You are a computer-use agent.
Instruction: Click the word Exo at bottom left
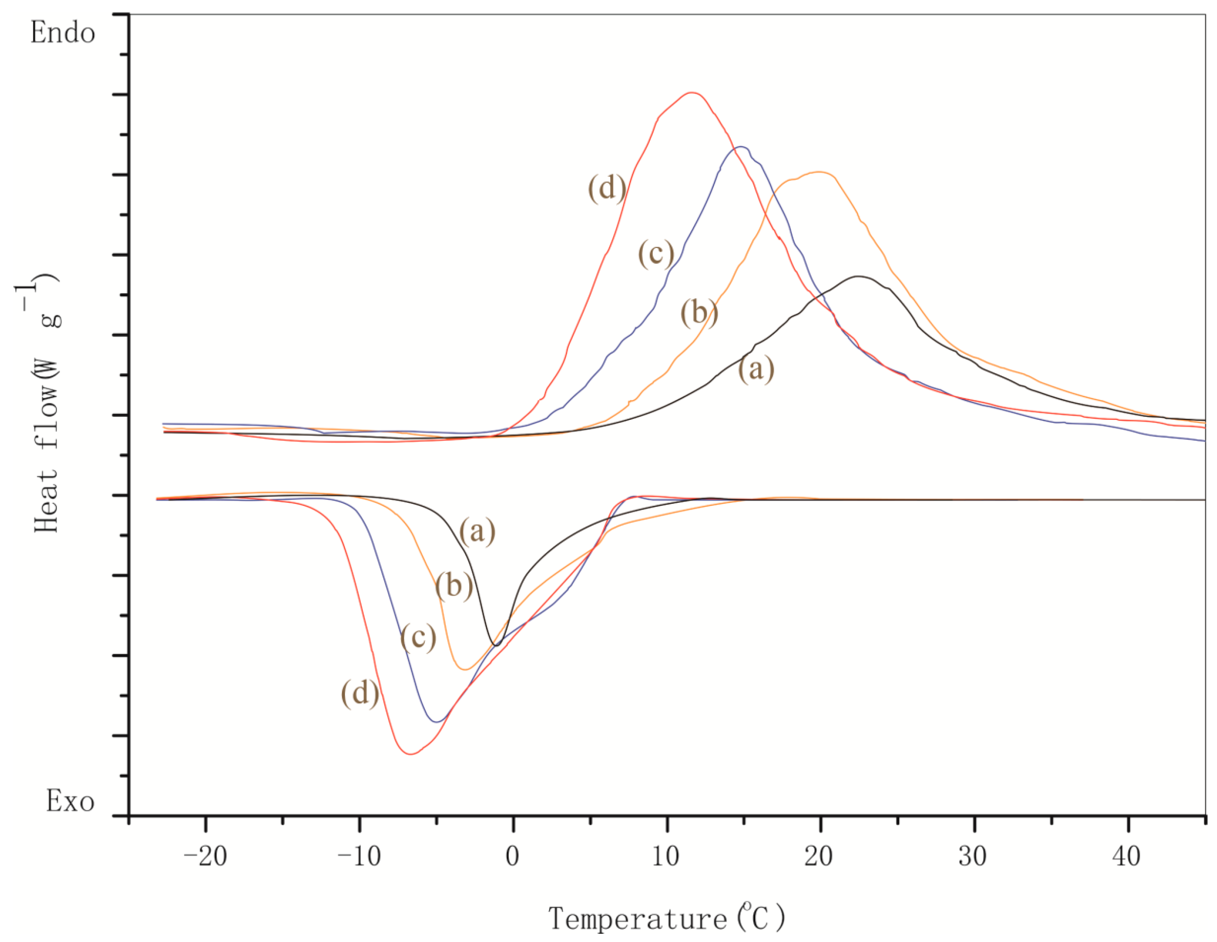pos(70,801)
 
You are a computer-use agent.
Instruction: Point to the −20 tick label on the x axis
pos(205,856)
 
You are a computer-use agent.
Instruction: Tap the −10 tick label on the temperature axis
pos(360,856)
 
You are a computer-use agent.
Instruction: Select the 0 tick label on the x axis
pos(513,856)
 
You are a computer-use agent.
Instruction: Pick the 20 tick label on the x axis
pos(819,856)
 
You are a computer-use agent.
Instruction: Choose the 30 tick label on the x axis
pos(973,856)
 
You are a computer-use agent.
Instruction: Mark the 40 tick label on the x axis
pos(1127,856)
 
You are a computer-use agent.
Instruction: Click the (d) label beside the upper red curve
pos(607,188)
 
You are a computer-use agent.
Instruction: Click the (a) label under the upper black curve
pos(756,369)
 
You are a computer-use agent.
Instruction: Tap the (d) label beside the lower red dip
pos(360,693)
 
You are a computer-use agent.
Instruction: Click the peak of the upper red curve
pos(691,92)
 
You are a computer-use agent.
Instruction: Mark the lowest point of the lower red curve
pos(411,754)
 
